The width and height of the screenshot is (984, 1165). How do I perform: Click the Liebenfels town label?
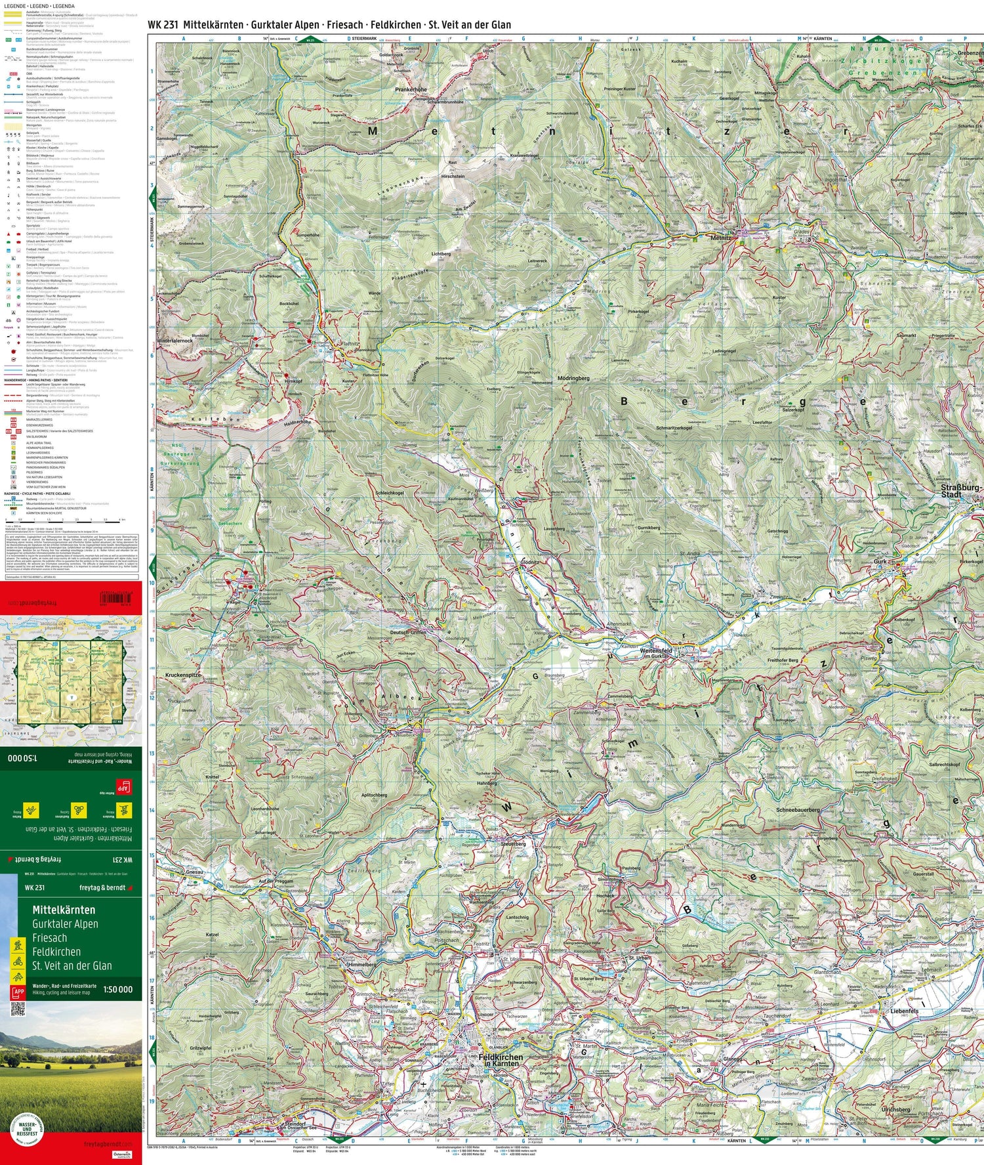[904, 1011]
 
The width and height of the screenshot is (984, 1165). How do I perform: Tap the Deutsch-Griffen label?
[408, 632]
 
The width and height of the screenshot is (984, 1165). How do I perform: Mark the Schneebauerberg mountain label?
[798, 810]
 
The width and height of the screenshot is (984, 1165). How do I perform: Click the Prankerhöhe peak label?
[411, 89]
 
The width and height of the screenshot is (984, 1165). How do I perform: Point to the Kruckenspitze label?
[183, 675]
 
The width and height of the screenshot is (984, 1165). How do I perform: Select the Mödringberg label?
[573, 379]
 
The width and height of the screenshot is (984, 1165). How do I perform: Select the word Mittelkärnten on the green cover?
[64, 910]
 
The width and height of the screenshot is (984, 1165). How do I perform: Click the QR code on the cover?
[18, 1009]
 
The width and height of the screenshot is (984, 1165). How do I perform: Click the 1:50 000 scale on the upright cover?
[117, 989]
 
